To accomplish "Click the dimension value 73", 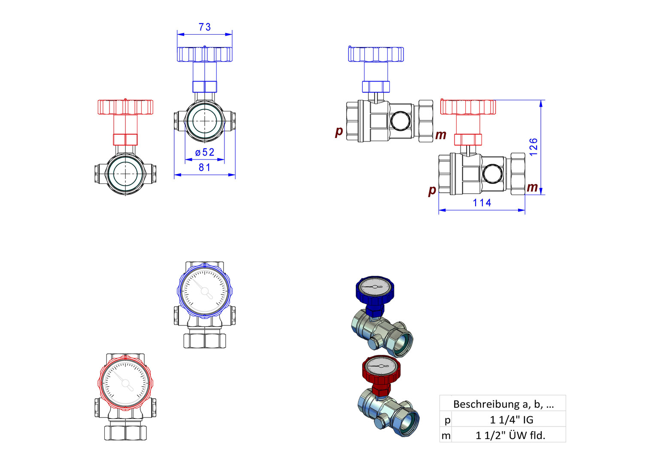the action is click(x=205, y=27).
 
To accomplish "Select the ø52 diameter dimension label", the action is click(x=205, y=152).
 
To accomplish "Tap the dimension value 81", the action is click(x=205, y=167).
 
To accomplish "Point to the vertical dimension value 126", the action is click(x=534, y=147).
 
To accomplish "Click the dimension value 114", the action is click(x=482, y=203).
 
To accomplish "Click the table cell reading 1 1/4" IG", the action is click(x=511, y=420).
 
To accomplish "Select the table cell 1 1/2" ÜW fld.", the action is click(x=510, y=435).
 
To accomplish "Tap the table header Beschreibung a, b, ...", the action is click(x=503, y=404).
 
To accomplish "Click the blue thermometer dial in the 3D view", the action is click(x=375, y=287).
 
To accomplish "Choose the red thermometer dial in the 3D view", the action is click(x=381, y=366).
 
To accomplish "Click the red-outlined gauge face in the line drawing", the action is click(x=125, y=383).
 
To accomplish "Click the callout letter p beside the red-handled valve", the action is click(x=432, y=190).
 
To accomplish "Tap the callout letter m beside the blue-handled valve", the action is click(x=441, y=135).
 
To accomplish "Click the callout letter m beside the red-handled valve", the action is click(x=532, y=187).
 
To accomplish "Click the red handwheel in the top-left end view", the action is click(x=125, y=107).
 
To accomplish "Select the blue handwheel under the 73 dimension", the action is click(x=205, y=54).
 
